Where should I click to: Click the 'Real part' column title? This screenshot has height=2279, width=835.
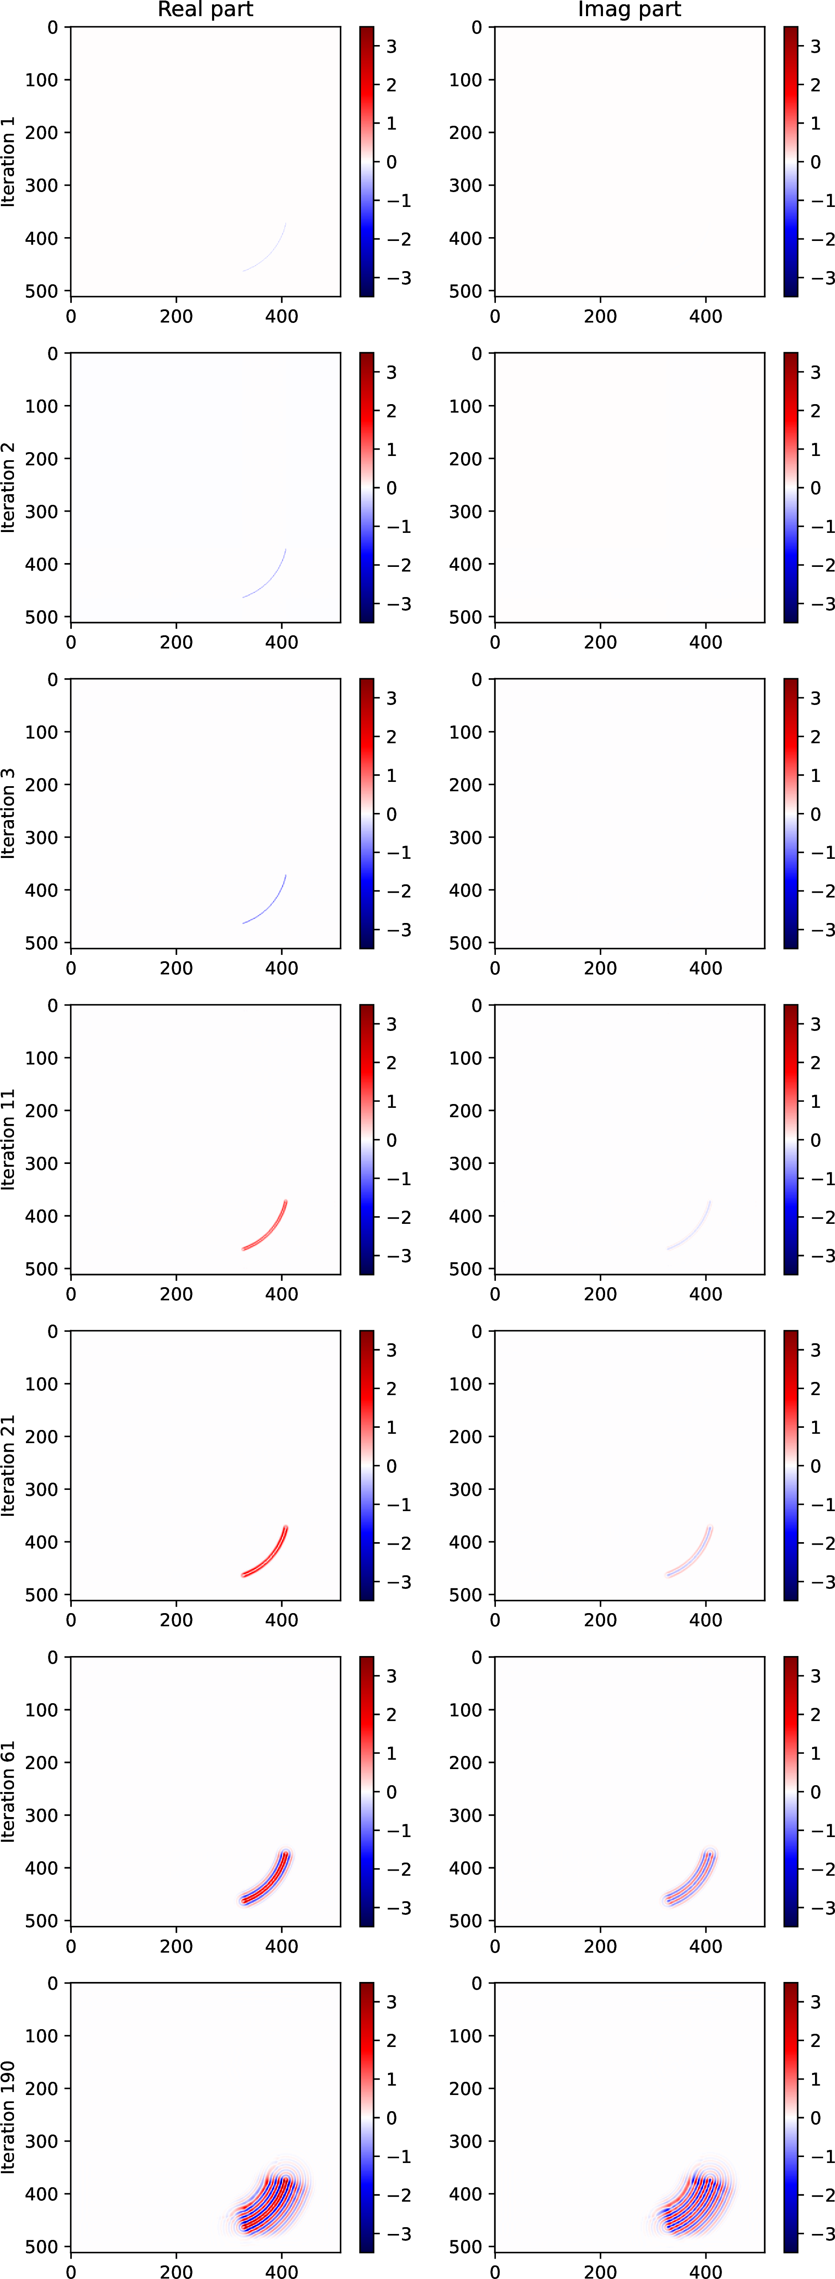click(205, 10)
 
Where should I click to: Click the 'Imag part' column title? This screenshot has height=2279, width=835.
click(629, 10)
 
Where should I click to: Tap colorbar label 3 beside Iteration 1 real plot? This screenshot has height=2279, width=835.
click(391, 46)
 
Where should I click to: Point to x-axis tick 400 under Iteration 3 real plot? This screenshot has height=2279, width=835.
click(281, 968)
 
